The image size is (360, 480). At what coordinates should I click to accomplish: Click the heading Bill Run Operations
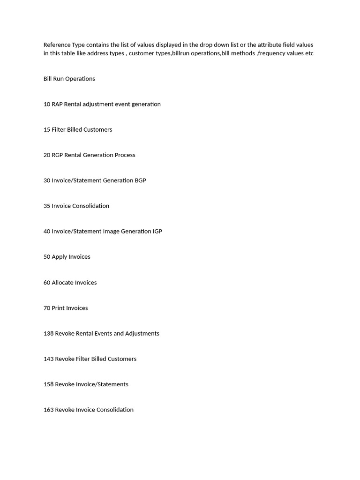[69, 79]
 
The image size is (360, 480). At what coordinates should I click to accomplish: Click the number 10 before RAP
[47, 104]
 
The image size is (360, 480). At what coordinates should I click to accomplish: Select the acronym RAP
[57, 104]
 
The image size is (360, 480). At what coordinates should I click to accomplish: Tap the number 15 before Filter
[47, 129]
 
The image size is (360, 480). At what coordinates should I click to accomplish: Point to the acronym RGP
[57, 155]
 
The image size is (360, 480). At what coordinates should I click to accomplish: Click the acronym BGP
[140, 180]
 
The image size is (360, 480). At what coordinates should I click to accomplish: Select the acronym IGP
[157, 231]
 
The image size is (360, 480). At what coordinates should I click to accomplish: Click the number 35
[47, 206]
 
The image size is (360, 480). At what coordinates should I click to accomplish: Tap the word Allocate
[63, 283]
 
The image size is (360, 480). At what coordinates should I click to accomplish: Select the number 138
[48, 333]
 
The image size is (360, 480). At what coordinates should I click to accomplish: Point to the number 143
[48, 359]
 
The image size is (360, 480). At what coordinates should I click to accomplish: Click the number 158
[48, 384]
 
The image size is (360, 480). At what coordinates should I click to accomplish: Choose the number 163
[48, 410]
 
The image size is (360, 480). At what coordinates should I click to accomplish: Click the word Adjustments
[142, 333]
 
